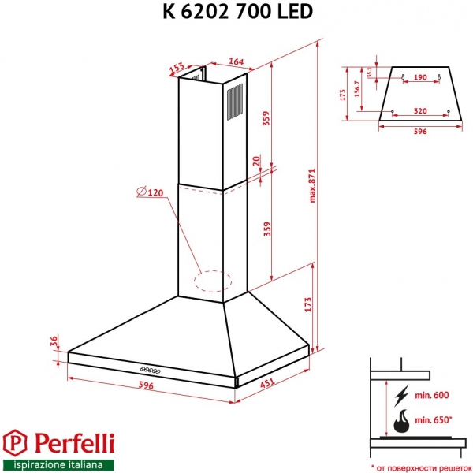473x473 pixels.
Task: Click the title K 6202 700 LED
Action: (236, 11)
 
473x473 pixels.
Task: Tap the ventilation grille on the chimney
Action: (235, 102)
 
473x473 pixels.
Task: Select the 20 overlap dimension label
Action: (257, 161)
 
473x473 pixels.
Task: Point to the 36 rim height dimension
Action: (54, 341)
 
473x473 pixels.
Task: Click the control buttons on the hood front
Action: (150, 369)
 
